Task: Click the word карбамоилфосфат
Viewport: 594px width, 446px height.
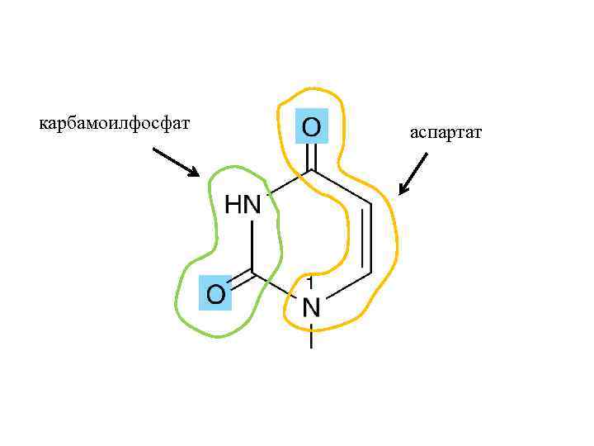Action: (115, 124)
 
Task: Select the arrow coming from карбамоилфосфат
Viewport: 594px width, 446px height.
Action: (176, 162)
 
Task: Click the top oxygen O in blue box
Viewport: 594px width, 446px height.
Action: (312, 126)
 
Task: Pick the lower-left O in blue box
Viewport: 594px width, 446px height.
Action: (215, 293)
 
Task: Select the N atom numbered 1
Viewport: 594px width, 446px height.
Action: (311, 307)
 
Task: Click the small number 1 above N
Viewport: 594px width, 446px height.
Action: (309, 282)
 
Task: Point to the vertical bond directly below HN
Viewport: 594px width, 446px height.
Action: (253, 244)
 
